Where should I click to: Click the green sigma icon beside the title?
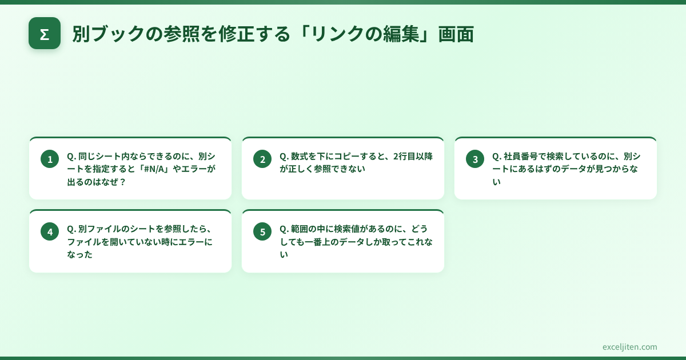(45, 34)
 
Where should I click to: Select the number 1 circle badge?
(50, 159)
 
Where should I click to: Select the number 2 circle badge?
(262, 159)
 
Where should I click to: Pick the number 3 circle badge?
(475, 159)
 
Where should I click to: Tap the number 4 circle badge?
(50, 232)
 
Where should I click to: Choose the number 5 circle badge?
(262, 232)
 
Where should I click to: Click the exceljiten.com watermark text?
(629, 347)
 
